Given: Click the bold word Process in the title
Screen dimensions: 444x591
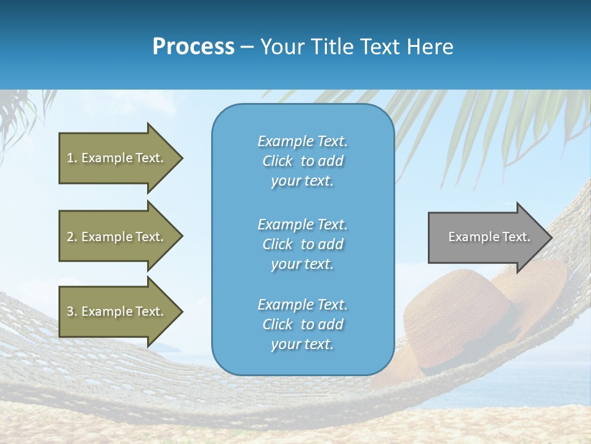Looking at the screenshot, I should click(x=193, y=47).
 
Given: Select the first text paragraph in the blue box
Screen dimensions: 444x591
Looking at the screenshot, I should click(x=302, y=161).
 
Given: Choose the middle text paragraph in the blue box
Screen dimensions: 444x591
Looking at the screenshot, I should click(x=302, y=244).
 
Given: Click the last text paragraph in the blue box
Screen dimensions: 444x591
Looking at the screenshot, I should click(x=302, y=324).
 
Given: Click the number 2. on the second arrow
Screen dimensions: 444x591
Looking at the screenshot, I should click(x=72, y=237).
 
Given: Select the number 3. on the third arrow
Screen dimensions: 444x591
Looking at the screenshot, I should click(x=72, y=311).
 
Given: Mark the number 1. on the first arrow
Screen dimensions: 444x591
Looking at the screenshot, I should click(x=71, y=158).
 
